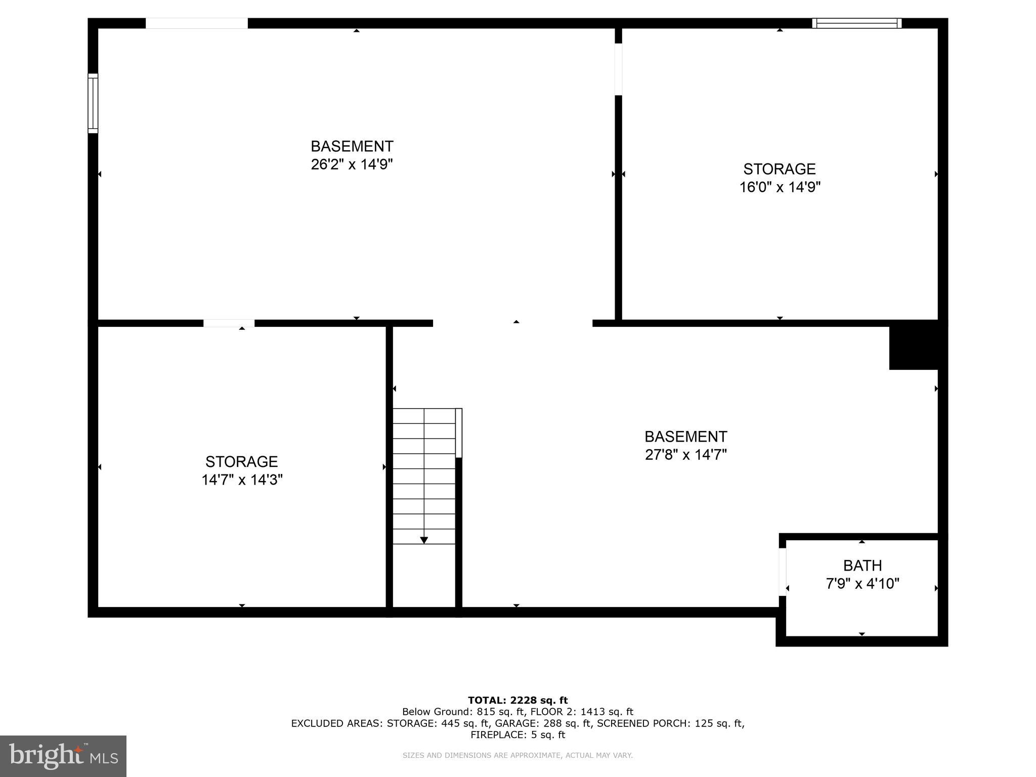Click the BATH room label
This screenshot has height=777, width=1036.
862,565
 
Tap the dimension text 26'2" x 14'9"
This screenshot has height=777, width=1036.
352,164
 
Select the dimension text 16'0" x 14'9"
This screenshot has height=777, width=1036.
780,187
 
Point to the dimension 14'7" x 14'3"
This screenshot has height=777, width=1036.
242,480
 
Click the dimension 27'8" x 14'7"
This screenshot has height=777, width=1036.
685,455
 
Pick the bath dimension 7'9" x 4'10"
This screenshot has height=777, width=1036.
862,584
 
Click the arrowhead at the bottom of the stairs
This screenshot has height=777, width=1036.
424,540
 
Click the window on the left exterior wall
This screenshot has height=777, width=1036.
93,103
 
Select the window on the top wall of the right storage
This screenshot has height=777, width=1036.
856,23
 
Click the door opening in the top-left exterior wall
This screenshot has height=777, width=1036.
197,23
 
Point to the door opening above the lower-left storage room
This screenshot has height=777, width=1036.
229,323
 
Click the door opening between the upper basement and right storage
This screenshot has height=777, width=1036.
618,69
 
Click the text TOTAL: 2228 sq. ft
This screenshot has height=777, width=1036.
517,700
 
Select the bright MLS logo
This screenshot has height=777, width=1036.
63,756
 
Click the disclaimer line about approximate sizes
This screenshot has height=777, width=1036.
517,755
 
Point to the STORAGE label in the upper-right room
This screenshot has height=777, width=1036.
779,168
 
